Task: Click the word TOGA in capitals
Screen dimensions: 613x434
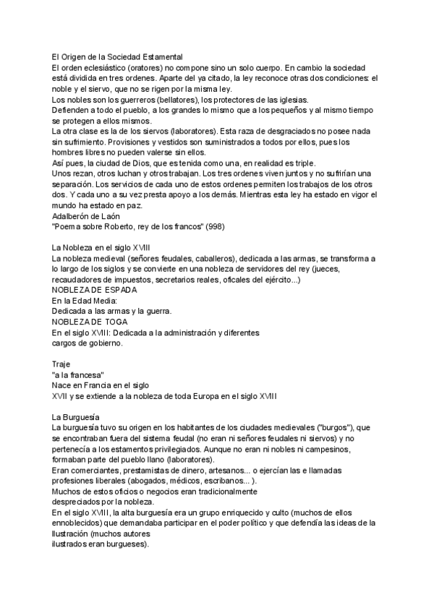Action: [114, 323]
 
